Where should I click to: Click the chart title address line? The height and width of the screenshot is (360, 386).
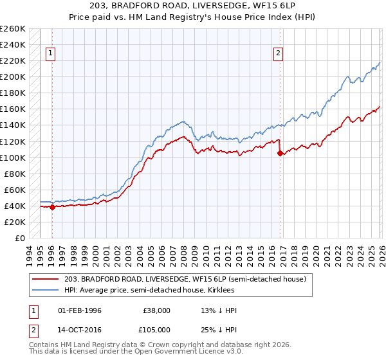(193, 6)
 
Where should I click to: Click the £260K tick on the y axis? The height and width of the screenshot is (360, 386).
(13, 29)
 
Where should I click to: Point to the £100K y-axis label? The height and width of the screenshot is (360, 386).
(13, 157)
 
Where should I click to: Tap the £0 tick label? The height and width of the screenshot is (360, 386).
(19, 238)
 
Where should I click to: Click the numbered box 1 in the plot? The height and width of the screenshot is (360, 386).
(50, 54)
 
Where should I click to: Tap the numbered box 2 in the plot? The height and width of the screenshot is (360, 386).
(278, 54)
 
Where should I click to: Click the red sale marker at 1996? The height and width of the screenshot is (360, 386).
(52, 207)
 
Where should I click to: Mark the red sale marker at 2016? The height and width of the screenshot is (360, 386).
(280, 153)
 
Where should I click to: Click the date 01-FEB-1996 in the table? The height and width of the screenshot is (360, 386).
(80, 310)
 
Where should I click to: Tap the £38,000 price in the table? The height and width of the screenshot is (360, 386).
(157, 310)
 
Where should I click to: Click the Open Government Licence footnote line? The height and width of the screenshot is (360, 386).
(136, 353)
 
